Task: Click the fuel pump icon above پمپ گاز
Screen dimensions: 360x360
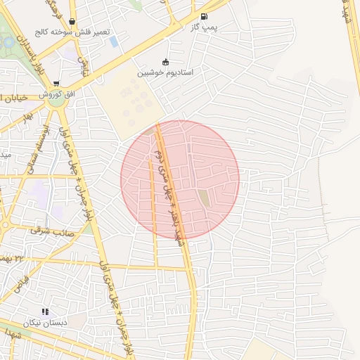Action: [x=204, y=16]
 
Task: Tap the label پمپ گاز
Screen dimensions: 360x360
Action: [x=203, y=27]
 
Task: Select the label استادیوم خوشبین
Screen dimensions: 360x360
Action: [x=165, y=72]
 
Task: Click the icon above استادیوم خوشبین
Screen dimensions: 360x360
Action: [x=165, y=61]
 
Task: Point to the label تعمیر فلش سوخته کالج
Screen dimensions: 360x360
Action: [x=72, y=33]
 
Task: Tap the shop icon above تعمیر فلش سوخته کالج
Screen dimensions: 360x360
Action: [x=73, y=22]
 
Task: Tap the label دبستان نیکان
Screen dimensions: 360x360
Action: [x=45, y=322]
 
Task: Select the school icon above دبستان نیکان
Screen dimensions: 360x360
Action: [x=45, y=311]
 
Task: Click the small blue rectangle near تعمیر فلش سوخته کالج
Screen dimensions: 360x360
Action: [x=113, y=42]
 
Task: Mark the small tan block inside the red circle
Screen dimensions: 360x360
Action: [x=204, y=198]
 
